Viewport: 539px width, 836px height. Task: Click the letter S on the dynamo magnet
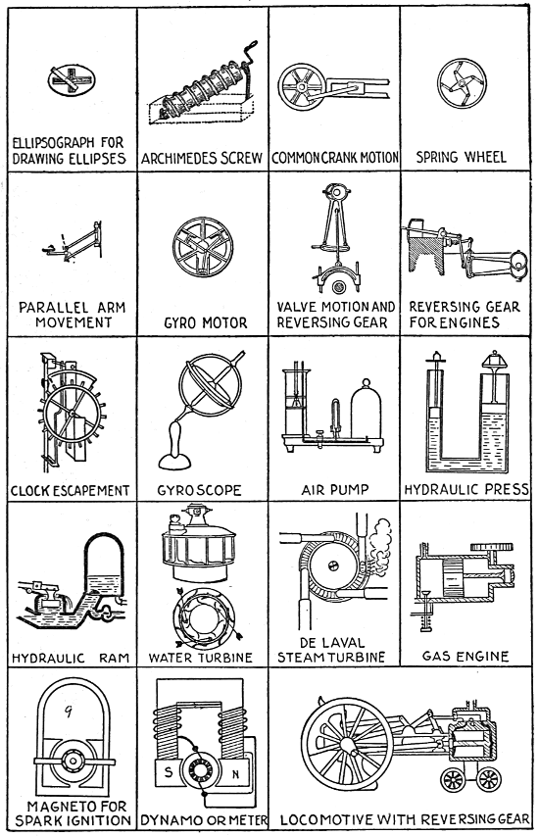point(169,771)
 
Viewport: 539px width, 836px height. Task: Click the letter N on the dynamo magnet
point(235,774)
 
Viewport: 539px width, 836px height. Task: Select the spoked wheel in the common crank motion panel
point(301,86)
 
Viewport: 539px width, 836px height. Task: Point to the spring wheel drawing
point(462,83)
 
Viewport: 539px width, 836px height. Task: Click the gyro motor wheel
point(203,246)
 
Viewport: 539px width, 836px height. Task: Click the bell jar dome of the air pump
point(366,410)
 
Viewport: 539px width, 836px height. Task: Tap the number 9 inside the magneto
point(69,712)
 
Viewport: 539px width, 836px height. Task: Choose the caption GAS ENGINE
point(465,657)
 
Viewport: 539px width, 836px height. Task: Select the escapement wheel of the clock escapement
point(72,414)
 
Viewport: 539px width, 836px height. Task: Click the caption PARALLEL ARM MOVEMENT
point(73,316)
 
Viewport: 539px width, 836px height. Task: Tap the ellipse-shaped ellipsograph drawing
point(72,81)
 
